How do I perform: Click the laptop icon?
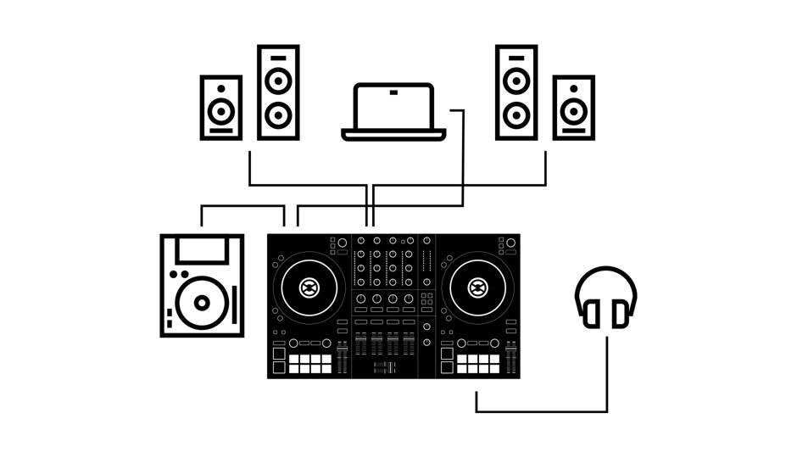393,111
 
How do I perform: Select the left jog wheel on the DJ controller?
309,288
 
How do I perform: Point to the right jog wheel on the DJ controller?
477,288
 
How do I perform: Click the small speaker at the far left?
221,107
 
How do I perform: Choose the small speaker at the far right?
574,107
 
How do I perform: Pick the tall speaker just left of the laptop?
278,92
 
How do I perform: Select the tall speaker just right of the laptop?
517,92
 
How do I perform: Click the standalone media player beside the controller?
202,286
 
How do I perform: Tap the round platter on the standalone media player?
202,302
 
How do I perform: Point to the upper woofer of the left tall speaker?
278,80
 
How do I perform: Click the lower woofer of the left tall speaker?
278,113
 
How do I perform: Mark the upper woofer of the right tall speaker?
517,80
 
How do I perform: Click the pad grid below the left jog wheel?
309,363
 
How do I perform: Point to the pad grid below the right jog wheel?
478,363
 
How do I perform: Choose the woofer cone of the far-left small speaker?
221,110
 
